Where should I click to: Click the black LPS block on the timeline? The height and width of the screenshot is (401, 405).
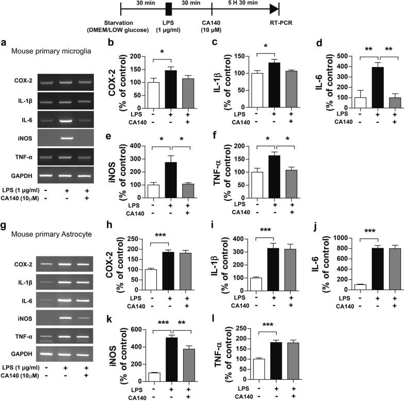click(x=168, y=9)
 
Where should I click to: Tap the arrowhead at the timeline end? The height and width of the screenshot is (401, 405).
click(x=273, y=9)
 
